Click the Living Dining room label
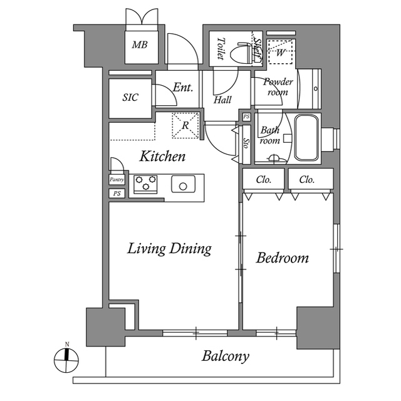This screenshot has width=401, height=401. coord(169,249)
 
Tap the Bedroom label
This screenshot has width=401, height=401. coord(283,258)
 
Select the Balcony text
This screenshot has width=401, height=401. coord(226,357)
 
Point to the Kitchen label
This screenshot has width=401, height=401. coord(162,156)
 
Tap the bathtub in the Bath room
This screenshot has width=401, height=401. coord(306,138)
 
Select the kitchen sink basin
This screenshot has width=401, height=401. coord(183,184)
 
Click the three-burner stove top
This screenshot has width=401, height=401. coord(145,184)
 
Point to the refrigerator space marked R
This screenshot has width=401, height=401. coord(185,125)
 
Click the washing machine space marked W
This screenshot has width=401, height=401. coord(280,52)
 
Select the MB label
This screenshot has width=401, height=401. coord(140,45)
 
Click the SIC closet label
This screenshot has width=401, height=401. coord(130,97)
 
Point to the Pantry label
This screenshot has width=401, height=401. coord(117,180)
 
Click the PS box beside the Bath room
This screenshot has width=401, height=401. coord(246,117)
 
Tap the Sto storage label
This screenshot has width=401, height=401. coord(246,143)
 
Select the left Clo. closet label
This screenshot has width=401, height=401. coord(263,180)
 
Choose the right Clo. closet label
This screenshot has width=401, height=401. coord(306,180)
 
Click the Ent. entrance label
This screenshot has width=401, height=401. coord(182,88)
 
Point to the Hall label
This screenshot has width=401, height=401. coord(222,100)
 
